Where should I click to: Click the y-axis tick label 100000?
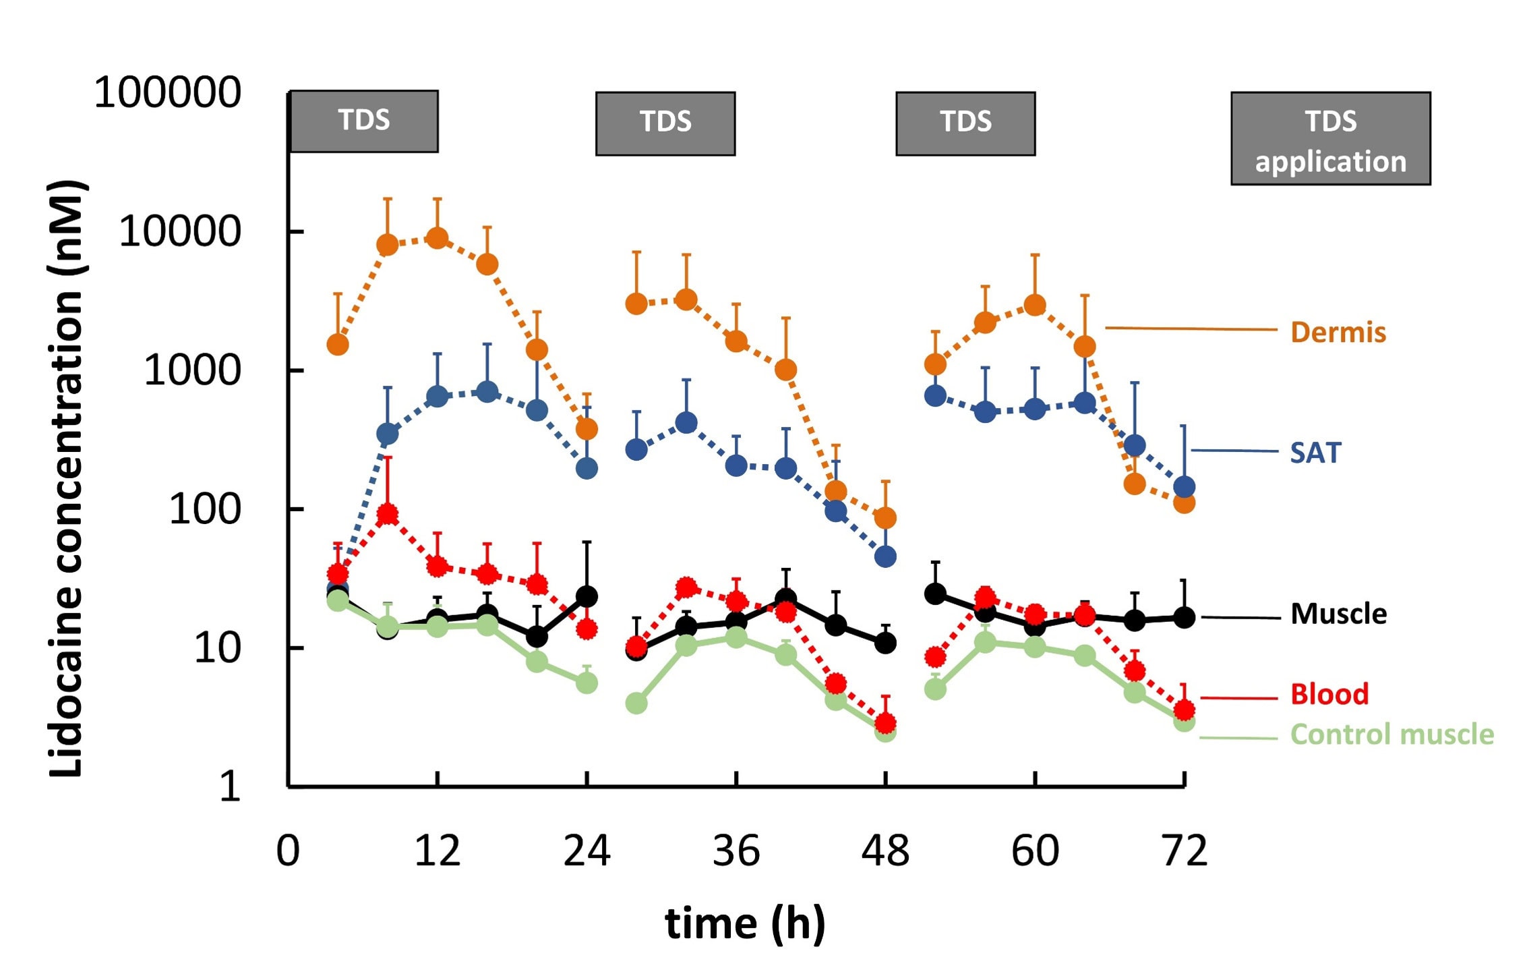pos(167,92)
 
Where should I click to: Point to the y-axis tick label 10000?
pos(179,231)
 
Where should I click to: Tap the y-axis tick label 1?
pos(230,786)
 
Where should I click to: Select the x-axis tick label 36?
pos(736,851)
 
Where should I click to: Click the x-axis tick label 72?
pos(1185,851)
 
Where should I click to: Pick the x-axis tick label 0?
pos(288,851)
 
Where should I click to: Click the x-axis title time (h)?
pos(745,923)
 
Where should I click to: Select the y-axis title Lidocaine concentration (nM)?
pos(66,479)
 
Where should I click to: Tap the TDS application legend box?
pos(1330,139)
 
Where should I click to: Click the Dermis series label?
pos(1338,333)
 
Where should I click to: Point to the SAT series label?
pos(1315,453)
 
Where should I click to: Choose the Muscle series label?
pos(1338,614)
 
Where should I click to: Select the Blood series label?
pos(1329,694)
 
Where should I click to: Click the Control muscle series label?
pos(1391,735)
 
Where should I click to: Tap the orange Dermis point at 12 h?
pos(438,238)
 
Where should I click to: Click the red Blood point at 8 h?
pos(388,515)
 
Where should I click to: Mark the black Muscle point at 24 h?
pos(587,596)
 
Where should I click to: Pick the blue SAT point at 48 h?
pos(885,556)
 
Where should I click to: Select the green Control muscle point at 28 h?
pos(636,704)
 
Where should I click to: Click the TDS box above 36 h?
pos(665,124)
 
